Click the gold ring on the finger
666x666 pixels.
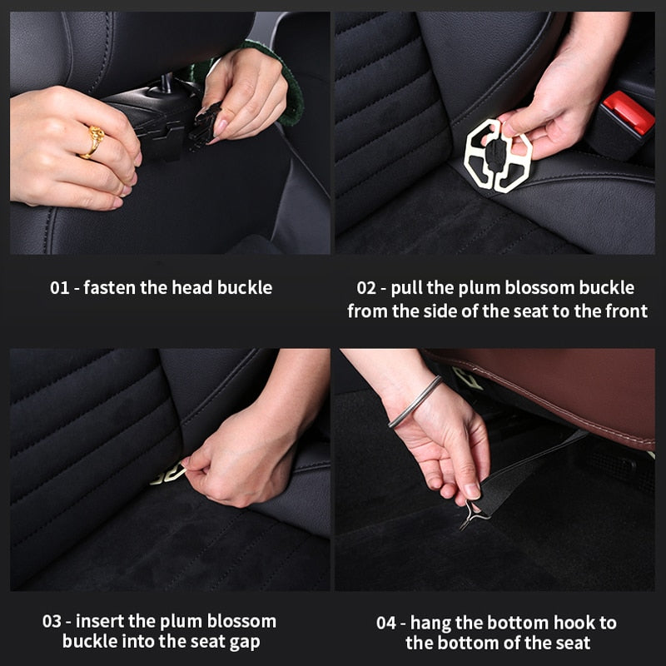click(x=92, y=142)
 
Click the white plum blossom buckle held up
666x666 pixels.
click(x=498, y=155)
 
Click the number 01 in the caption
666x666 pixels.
click(x=59, y=288)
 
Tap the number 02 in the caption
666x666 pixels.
click(x=367, y=288)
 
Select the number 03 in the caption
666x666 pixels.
click(x=52, y=622)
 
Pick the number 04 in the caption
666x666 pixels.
click(x=385, y=622)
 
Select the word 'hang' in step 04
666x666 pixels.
click(x=431, y=622)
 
